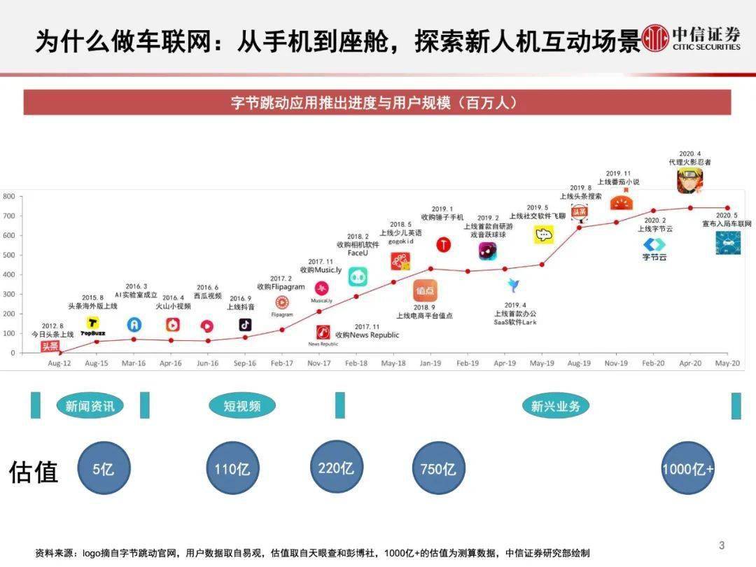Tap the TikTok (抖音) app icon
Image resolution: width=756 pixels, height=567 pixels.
[x=245, y=324]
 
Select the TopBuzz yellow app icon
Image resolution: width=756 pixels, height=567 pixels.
[x=92, y=323]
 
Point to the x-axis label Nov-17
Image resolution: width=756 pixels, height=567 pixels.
[x=318, y=363]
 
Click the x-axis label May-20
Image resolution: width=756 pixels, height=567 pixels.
[x=727, y=363]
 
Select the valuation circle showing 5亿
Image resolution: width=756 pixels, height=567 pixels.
[x=104, y=468]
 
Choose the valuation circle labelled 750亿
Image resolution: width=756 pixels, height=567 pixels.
[x=438, y=468]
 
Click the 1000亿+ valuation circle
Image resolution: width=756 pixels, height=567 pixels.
[x=688, y=468]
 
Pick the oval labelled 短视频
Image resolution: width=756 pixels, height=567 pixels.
[x=242, y=405]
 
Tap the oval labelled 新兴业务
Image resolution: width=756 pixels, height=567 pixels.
[x=556, y=405]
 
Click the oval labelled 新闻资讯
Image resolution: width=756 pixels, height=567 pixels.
[x=90, y=405]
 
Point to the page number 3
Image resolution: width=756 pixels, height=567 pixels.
[x=722, y=546]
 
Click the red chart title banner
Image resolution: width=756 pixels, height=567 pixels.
[x=377, y=102]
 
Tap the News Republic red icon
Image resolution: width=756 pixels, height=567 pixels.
[x=323, y=332]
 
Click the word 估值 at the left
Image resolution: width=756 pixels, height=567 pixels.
[x=33, y=472]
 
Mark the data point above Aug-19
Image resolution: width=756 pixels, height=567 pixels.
[x=579, y=227]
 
